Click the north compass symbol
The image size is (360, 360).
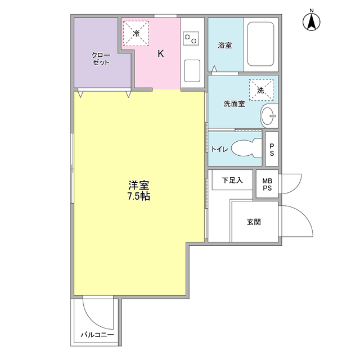310,21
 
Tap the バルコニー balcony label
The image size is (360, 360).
97,335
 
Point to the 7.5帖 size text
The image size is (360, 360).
138,197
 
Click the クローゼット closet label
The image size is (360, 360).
101,59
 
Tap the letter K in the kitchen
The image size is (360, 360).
160,54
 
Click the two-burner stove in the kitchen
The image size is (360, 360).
191,38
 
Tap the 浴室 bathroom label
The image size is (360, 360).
224,46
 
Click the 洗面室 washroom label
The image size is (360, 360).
233,104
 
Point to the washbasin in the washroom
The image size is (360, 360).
269,116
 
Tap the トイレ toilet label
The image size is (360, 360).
219,149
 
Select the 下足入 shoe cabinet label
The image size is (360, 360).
232,181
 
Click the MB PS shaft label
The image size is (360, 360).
267,184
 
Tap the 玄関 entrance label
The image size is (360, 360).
253,222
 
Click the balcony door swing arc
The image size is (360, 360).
96,313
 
